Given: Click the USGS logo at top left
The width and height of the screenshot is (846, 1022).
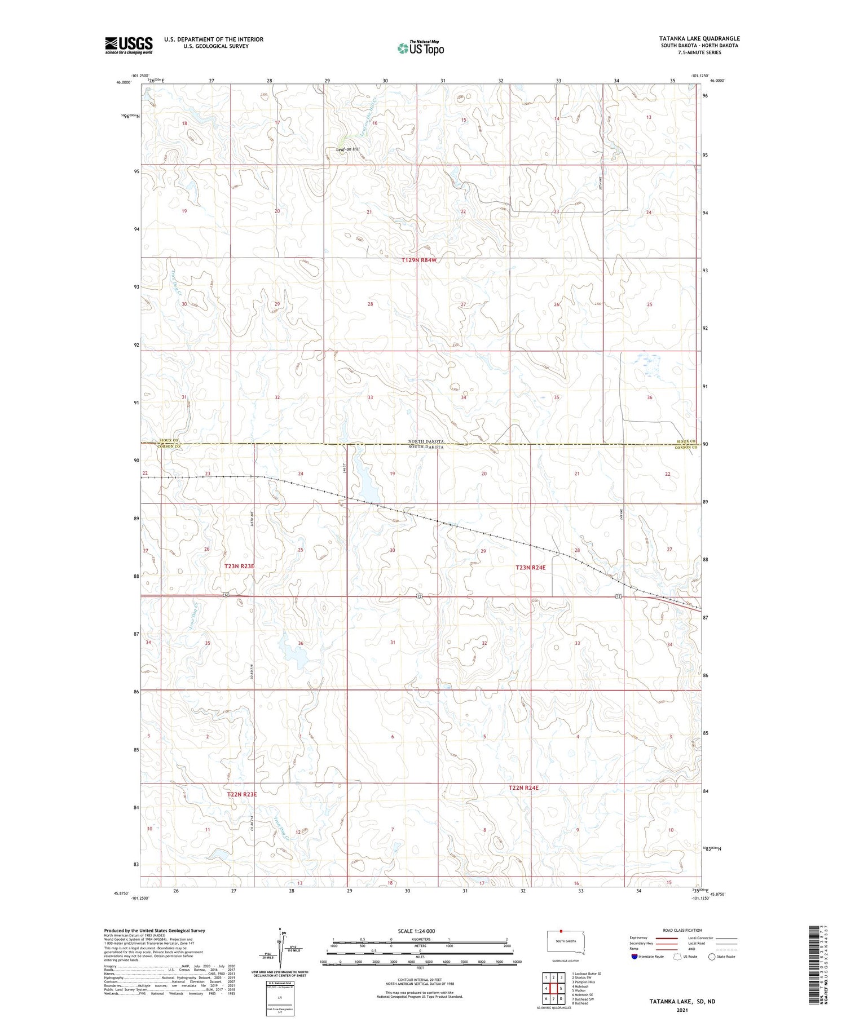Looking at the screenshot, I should pyautogui.click(x=129, y=45).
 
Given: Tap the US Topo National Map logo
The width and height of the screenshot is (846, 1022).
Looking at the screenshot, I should pyautogui.click(x=420, y=48).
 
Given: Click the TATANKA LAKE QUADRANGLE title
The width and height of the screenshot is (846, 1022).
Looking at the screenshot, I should pyautogui.click(x=699, y=39).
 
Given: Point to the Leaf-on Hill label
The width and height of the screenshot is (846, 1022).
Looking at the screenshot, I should pyautogui.click(x=347, y=149).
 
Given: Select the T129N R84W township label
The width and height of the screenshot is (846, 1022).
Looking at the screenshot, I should pyautogui.click(x=419, y=260).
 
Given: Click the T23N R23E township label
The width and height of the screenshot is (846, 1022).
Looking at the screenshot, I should pyautogui.click(x=239, y=565).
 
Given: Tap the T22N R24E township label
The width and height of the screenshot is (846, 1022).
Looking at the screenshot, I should pyautogui.click(x=523, y=787).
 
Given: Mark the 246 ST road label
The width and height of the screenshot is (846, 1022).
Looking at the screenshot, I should pyautogui.click(x=343, y=468).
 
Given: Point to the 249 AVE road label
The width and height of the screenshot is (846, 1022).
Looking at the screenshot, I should pyautogui.click(x=620, y=530).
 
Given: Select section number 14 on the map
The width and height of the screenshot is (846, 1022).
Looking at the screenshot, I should pyautogui.click(x=557, y=118).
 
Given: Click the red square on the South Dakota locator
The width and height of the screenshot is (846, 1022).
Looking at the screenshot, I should pyautogui.click(x=561, y=931).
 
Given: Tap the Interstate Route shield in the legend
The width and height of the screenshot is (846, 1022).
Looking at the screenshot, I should pyautogui.click(x=634, y=957).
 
